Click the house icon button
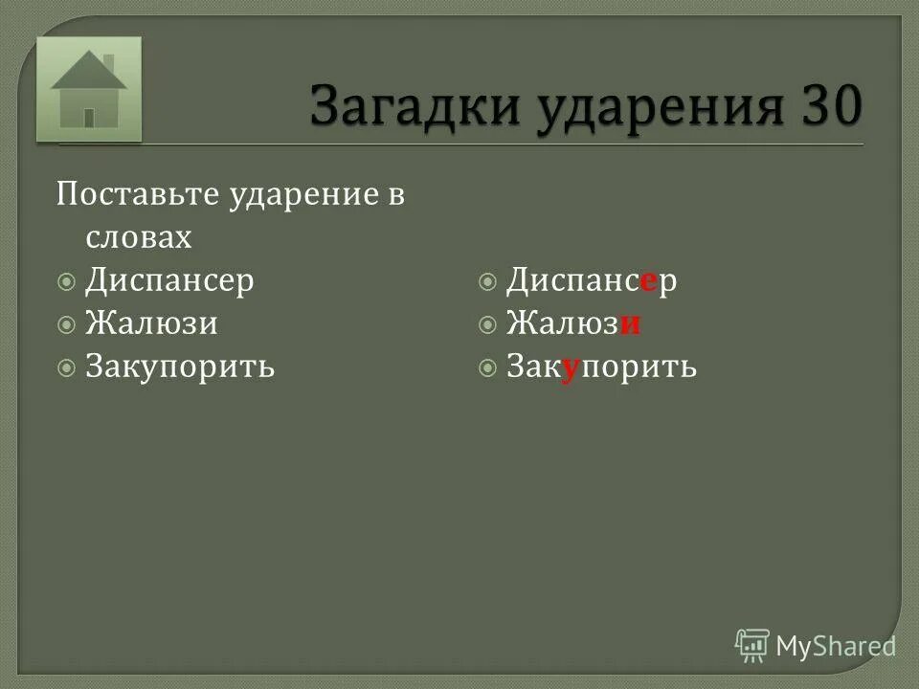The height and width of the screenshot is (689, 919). (x=89, y=90)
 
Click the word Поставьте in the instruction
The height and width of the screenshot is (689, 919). (x=138, y=195)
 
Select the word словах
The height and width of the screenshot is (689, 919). (x=138, y=237)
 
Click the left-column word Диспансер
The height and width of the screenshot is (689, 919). (x=169, y=280)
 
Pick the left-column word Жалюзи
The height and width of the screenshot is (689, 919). (x=151, y=323)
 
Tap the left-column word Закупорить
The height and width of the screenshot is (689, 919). (x=180, y=367)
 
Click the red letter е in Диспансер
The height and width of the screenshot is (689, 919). (x=648, y=281)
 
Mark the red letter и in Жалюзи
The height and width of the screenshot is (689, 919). (x=629, y=324)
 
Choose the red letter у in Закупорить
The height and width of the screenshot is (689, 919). (x=568, y=368)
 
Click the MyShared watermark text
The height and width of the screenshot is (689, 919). (x=836, y=646)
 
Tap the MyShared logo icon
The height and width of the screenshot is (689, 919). (x=752, y=645)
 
